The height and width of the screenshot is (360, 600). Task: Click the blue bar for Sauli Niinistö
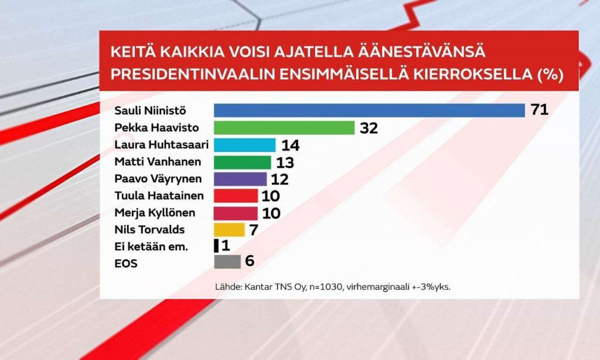pyautogui.click(x=369, y=110)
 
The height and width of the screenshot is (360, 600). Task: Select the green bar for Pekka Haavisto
pyautogui.click(x=284, y=128)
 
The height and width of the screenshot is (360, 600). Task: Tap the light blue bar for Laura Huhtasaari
pyautogui.click(x=244, y=145)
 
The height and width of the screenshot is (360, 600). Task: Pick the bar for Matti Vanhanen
pyautogui.click(x=242, y=162)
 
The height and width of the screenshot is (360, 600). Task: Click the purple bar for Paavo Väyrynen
pyautogui.click(x=240, y=179)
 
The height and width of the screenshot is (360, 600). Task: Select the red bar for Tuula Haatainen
pyautogui.click(x=236, y=196)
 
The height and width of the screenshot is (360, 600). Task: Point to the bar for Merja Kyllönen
pyautogui.click(x=236, y=213)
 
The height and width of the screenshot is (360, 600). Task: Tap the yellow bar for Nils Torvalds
pyautogui.click(x=229, y=230)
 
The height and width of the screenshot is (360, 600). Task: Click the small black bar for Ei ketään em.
pyautogui.click(x=216, y=246)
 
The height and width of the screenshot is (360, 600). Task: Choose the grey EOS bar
pyautogui.click(x=227, y=263)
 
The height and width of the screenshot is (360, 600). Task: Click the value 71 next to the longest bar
pyautogui.click(x=539, y=110)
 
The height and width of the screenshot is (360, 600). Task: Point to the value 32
pyautogui.click(x=369, y=128)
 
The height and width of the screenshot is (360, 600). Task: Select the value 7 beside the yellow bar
pyautogui.click(x=253, y=230)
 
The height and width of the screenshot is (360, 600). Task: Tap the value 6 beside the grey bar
pyautogui.click(x=250, y=262)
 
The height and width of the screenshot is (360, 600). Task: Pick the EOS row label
pyautogui.click(x=126, y=263)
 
